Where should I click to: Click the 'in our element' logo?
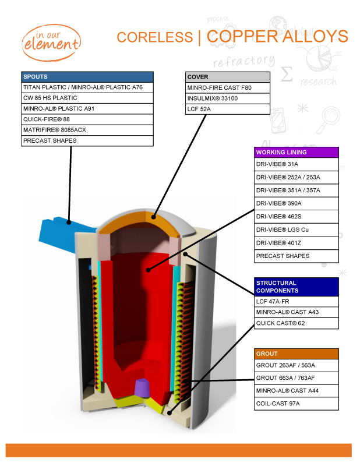click(51, 41)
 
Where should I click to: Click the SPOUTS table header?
click(87, 77)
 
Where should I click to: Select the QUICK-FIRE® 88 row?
click(87, 119)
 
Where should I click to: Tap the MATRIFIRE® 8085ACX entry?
click(87, 130)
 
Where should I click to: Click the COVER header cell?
click(228, 77)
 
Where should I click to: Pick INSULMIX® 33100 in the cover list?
click(228, 98)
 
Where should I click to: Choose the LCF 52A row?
click(228, 109)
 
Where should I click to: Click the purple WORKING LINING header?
click(296, 152)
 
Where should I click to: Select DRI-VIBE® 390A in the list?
click(296, 204)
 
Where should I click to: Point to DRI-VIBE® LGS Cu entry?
click(296, 230)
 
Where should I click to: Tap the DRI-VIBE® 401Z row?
click(296, 243)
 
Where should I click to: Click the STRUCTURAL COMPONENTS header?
click(296, 287)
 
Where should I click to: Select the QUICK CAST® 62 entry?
click(296, 323)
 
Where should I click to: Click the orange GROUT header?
click(296, 354)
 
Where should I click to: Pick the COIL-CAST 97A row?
click(296, 404)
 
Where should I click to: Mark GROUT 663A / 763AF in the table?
click(296, 378)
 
